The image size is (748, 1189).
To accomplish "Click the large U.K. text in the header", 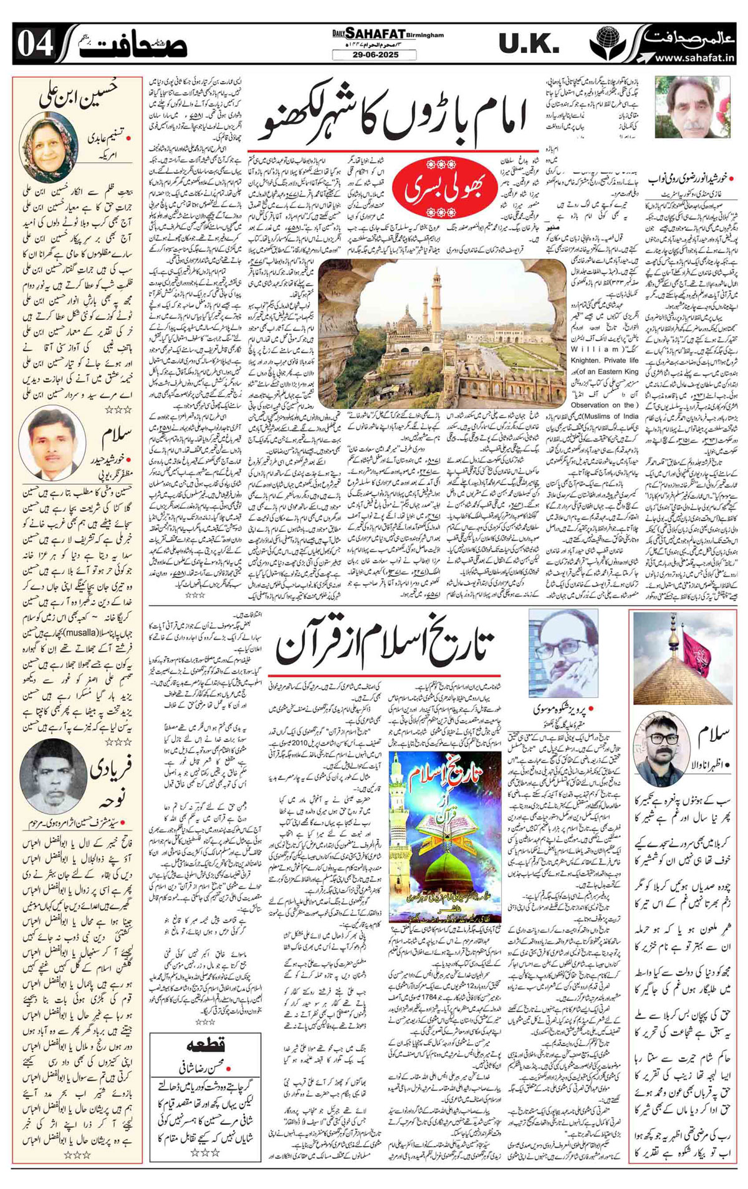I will click(x=529, y=44).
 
